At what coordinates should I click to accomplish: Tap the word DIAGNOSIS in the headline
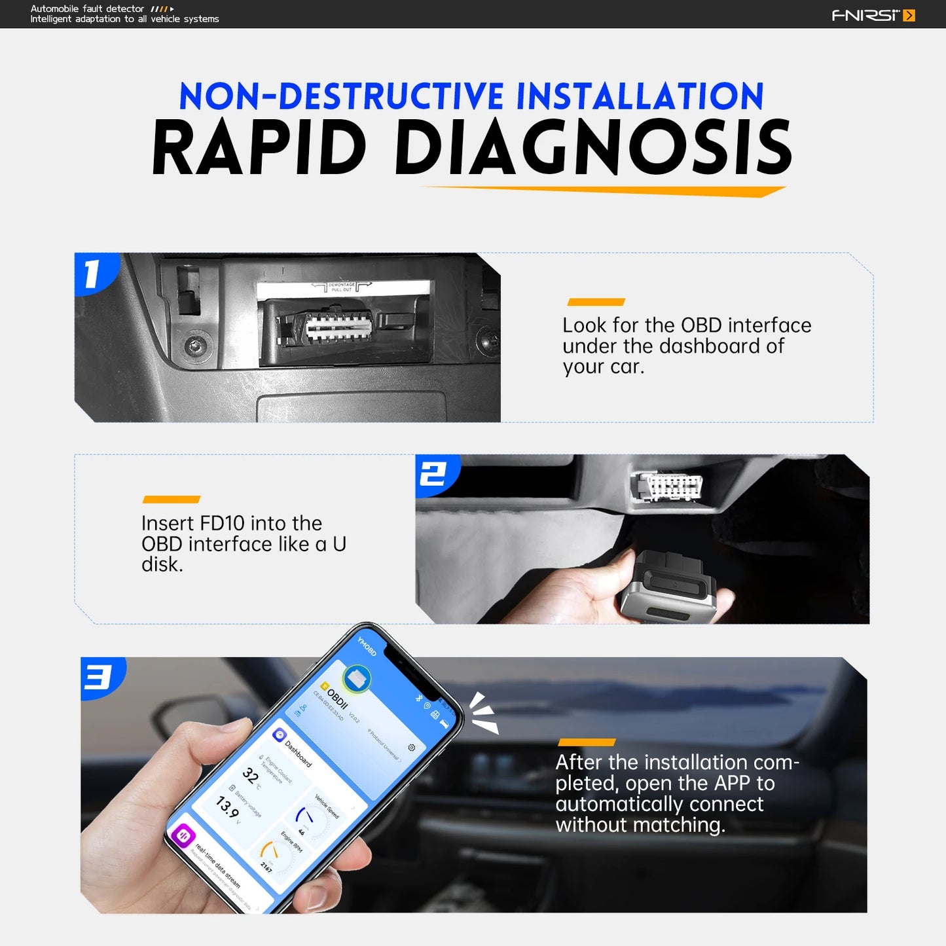(x=592, y=148)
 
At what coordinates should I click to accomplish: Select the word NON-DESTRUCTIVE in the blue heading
(x=341, y=96)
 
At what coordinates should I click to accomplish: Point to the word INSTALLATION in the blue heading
(x=640, y=96)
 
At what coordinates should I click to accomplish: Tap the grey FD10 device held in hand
(x=668, y=586)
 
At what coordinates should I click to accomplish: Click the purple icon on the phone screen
(x=183, y=835)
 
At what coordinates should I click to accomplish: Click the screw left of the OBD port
(x=195, y=344)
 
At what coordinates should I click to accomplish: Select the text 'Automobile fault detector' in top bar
(x=87, y=9)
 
